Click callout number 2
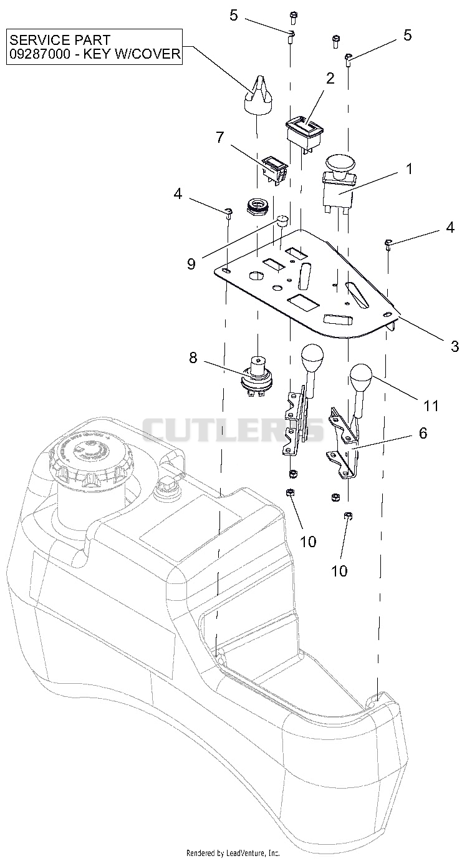330,79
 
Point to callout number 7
219,137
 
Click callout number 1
410,168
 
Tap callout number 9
191,264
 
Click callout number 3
455,346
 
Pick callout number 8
193,358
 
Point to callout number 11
430,405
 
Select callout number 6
423,433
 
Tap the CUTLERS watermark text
233,430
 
